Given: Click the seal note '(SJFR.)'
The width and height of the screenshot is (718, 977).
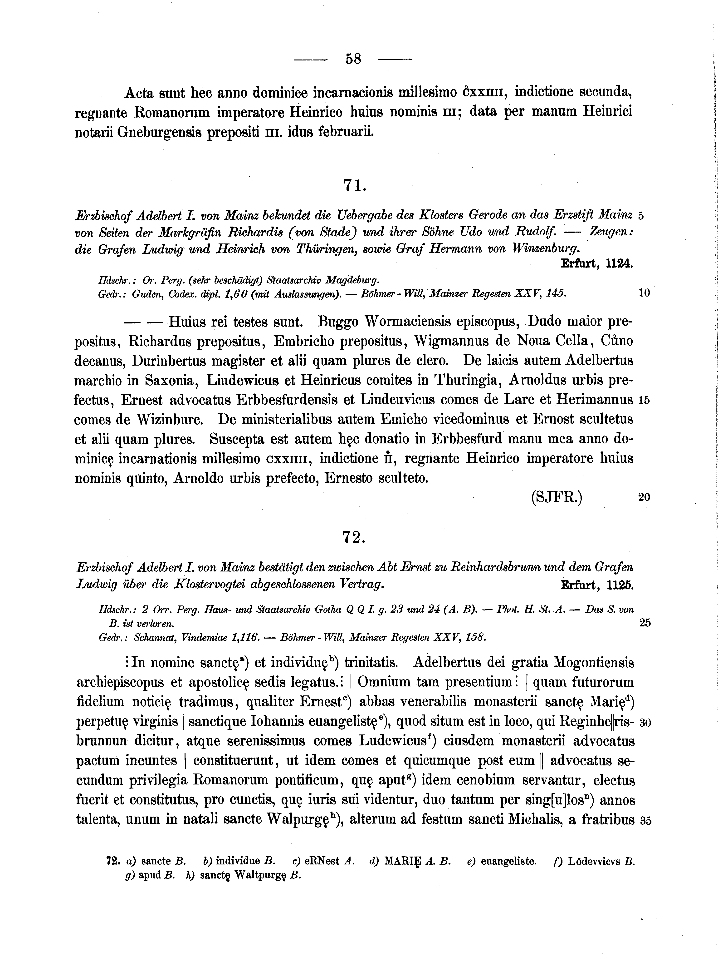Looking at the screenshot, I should click(x=557, y=497).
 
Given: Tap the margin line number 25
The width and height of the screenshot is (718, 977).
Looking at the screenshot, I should click(x=645, y=623).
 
